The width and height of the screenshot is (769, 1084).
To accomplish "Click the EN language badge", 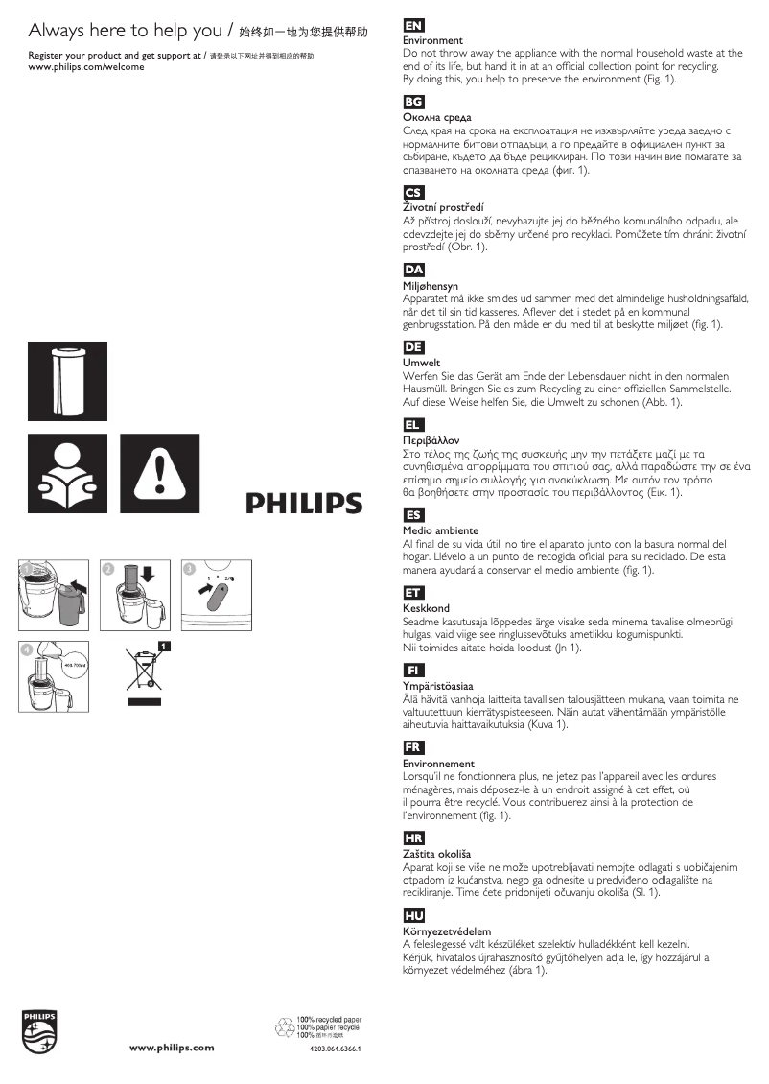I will point(414,26).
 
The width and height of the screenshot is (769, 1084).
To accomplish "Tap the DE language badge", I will point(414,347).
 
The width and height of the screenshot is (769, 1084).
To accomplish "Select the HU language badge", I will point(414,915).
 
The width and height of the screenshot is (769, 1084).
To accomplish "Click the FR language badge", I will point(414,747).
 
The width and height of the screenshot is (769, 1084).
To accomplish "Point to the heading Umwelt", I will point(422,364).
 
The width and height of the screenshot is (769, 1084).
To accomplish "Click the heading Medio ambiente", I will point(440,530).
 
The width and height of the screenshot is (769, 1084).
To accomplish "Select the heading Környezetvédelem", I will point(447,931).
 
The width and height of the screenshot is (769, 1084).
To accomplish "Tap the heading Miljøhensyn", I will point(431,286).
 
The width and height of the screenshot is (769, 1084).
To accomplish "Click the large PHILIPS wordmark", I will point(305,503).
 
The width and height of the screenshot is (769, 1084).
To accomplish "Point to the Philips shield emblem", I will point(40,1032).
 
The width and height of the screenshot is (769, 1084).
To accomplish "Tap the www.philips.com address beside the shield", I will point(172,1047).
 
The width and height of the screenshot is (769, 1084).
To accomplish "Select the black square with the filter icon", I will point(67,379).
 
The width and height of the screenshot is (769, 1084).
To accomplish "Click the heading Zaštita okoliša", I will point(437,854).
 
